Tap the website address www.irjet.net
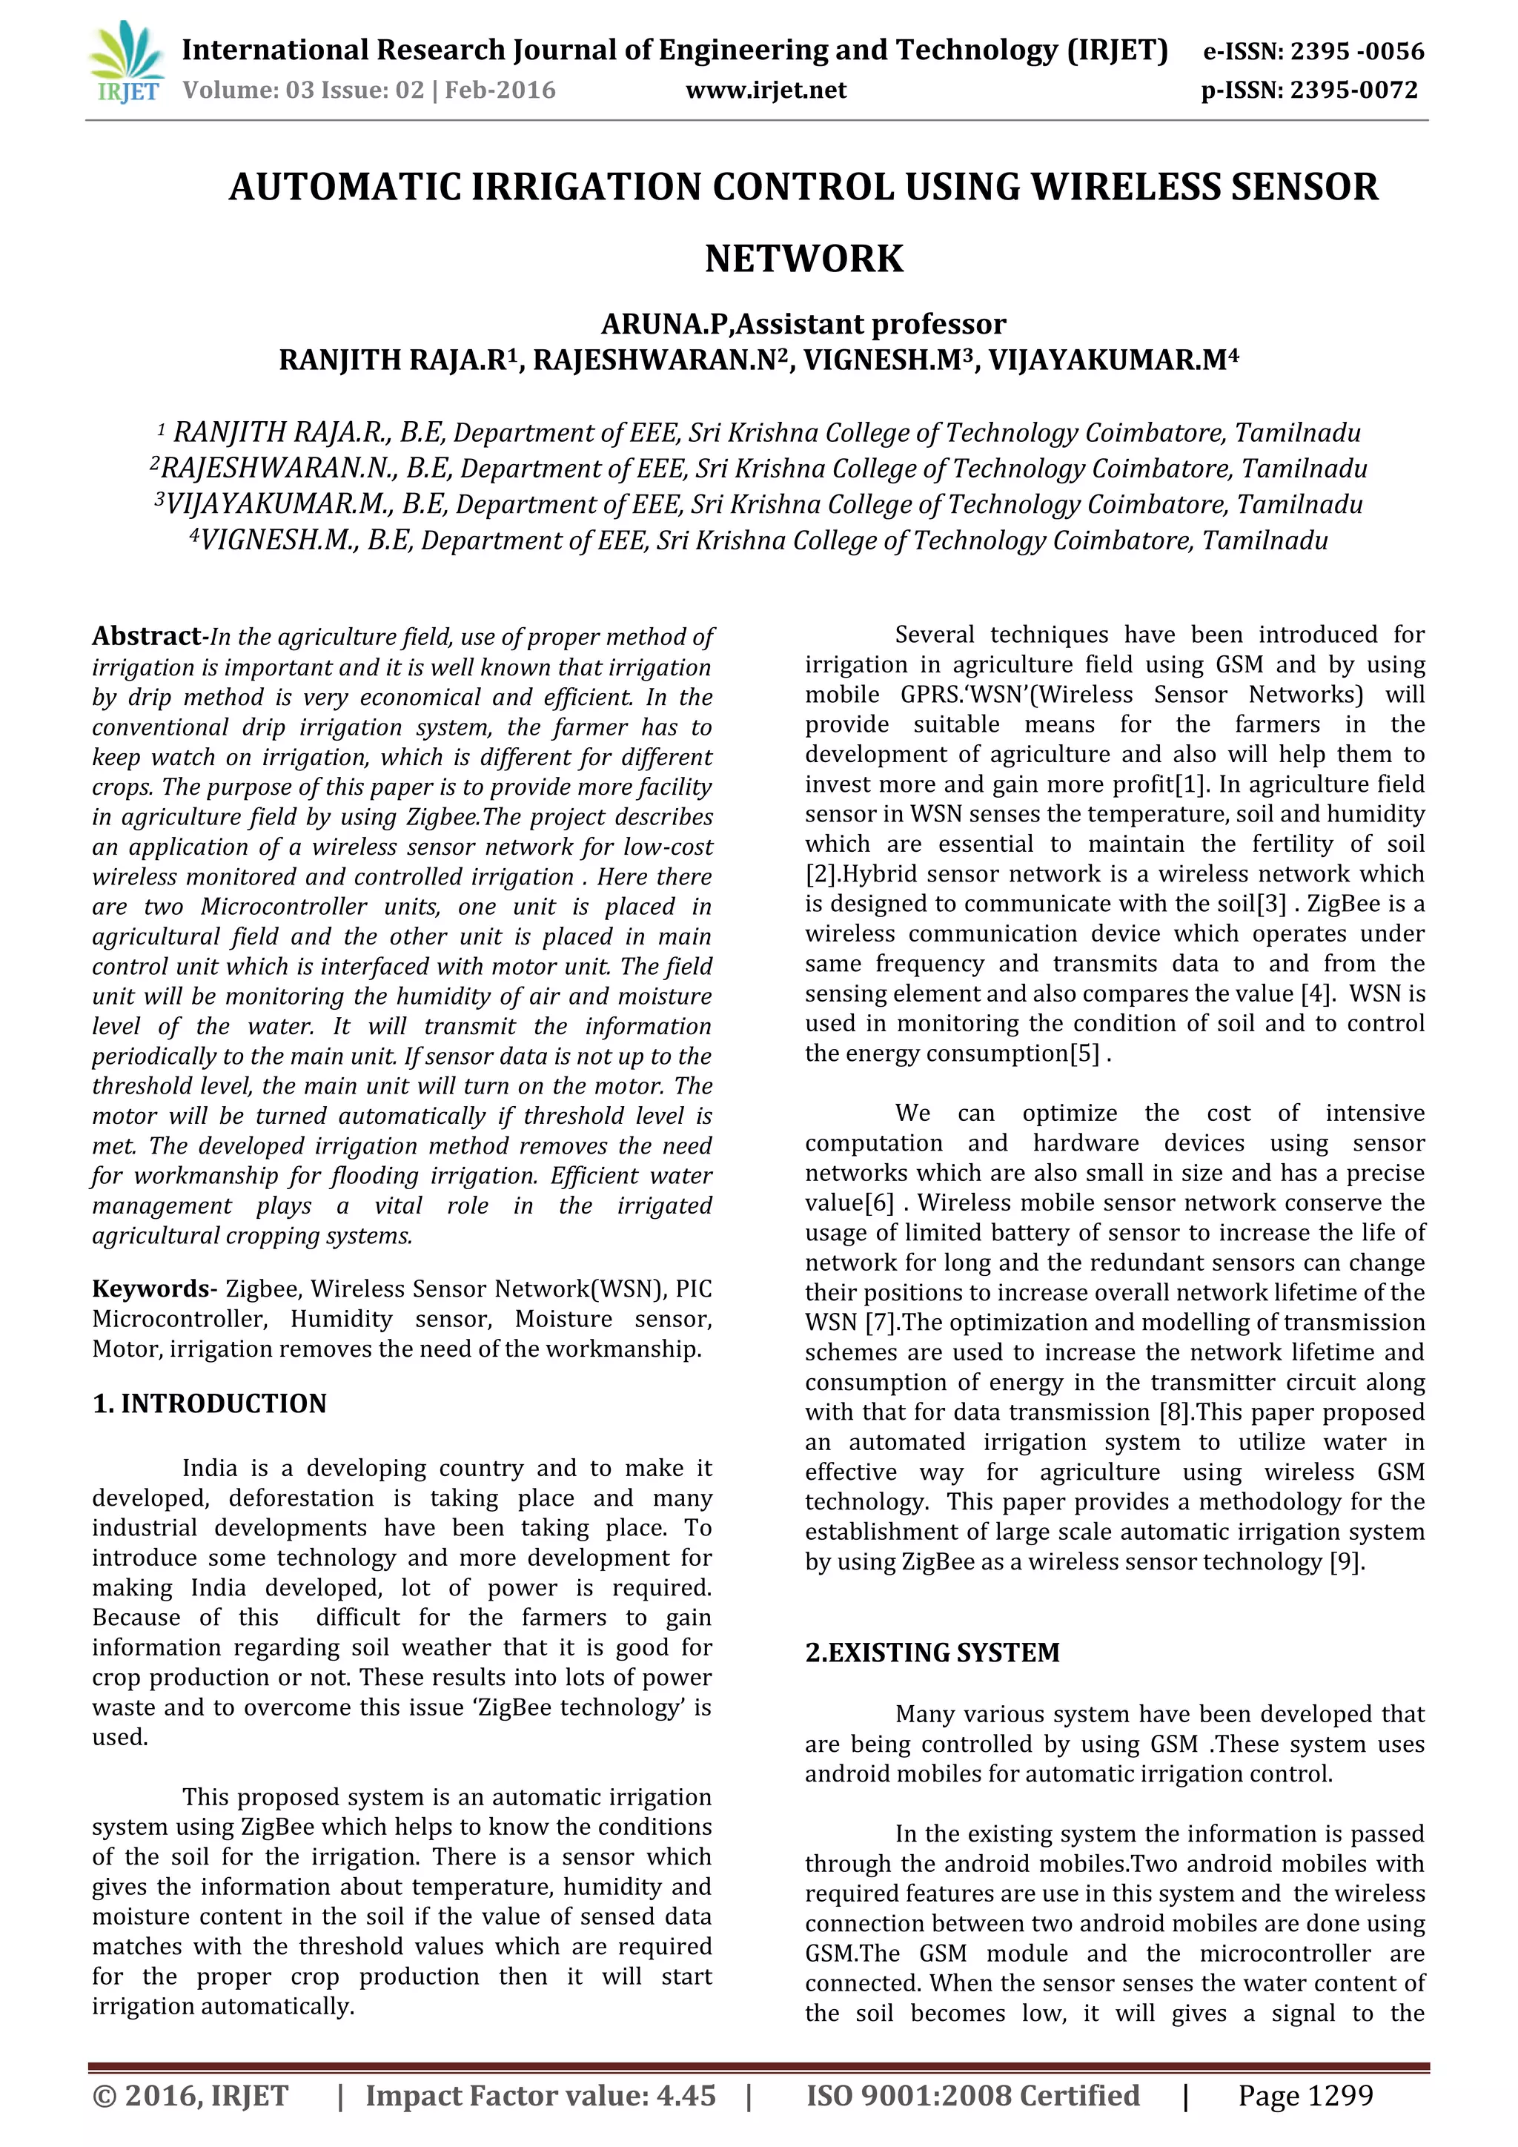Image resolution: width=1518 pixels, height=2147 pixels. point(766,90)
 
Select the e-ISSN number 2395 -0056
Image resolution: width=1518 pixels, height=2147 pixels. point(1356,50)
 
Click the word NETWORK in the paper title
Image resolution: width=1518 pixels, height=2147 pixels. point(804,258)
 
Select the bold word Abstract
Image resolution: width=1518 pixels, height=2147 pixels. point(146,636)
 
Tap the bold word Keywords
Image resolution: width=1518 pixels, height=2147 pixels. point(150,1288)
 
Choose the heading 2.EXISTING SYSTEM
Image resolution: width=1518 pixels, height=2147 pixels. point(932,1653)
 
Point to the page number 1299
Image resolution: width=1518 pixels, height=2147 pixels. point(1338,2096)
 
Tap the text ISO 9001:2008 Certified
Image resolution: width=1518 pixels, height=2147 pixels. point(972,2096)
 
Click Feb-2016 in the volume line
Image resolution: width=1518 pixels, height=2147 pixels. point(500,90)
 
